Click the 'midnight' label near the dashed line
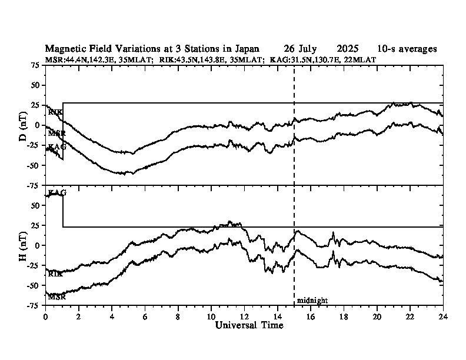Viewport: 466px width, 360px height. click(312, 301)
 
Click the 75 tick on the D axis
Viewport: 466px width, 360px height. click(36, 65)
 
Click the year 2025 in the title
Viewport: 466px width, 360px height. click(348, 49)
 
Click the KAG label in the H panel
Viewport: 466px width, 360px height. click(57, 193)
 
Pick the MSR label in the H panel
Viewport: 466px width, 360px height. click(56, 297)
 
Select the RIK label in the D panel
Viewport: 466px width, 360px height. click(55, 112)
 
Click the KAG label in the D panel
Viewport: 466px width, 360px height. click(57, 146)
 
